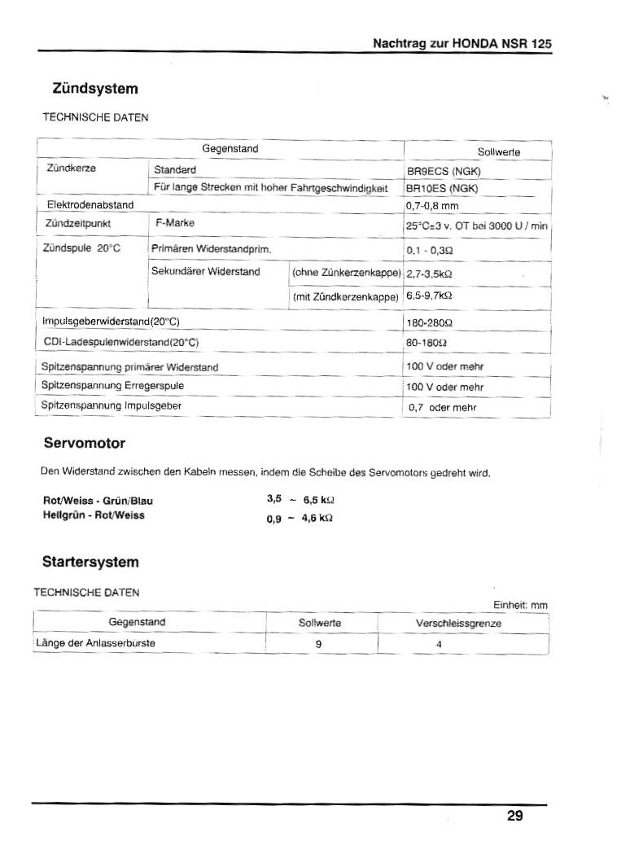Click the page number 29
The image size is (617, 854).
click(x=514, y=815)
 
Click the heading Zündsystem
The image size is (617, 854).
click(x=90, y=88)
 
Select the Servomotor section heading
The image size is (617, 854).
click(x=84, y=444)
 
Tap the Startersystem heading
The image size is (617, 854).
click(x=90, y=562)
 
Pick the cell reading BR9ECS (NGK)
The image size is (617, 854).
click(x=444, y=171)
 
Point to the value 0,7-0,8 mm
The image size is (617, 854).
click(x=432, y=206)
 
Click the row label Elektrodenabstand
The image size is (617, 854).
click(x=90, y=204)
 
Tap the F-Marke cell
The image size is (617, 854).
click(x=174, y=222)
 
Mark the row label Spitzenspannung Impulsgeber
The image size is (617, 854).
click(x=111, y=405)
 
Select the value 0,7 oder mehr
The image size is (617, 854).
click(x=442, y=407)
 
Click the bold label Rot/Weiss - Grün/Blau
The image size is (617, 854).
click(x=98, y=501)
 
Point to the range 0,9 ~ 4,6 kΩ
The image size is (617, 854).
click(x=300, y=518)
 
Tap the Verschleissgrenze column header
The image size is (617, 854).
click(x=458, y=624)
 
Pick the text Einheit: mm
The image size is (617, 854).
click(x=520, y=605)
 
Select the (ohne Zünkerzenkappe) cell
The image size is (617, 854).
click(x=347, y=272)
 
